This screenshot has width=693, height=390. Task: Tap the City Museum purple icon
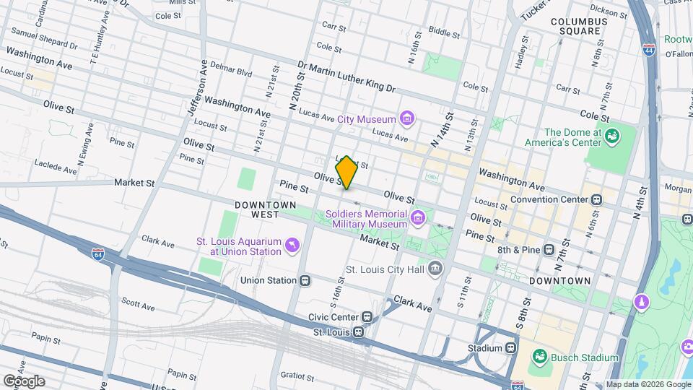click(406, 118)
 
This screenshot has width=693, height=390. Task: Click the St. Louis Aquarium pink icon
click(292, 246)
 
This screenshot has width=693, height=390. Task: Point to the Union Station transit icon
click(305, 280)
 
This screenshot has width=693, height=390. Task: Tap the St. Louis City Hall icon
click(435, 269)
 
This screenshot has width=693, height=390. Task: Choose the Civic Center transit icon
click(367, 316)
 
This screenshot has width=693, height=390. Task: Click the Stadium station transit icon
click(511, 348)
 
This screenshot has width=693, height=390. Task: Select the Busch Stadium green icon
click(539, 357)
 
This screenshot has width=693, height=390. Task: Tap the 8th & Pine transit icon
click(549, 250)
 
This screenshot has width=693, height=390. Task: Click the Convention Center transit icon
click(597, 199)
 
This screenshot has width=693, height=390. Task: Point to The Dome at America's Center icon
click(612, 136)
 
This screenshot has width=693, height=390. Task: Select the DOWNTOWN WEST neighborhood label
click(264, 209)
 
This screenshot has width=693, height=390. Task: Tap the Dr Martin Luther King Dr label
click(347, 77)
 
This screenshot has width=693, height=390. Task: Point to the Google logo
click(25, 381)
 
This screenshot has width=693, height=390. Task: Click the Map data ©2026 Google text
click(648, 384)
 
